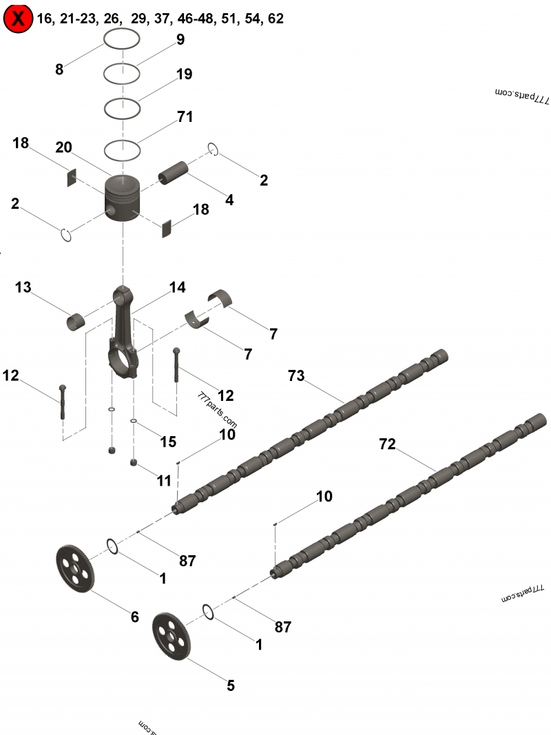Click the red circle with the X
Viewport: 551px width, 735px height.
[x=18, y=19]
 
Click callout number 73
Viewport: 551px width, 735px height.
[x=296, y=375]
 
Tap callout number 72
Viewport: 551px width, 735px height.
[x=387, y=444]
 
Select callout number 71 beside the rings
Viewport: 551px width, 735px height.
[x=185, y=116]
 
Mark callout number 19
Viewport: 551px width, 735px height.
[x=184, y=74]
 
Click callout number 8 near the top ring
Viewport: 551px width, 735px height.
[x=59, y=69]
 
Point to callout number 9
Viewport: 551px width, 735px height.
[x=180, y=39]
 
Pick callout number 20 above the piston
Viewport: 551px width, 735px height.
[x=64, y=147]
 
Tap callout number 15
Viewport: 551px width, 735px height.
[x=169, y=442]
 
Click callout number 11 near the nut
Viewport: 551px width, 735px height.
[x=163, y=480]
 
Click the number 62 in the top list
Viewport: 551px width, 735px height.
[x=275, y=19]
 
